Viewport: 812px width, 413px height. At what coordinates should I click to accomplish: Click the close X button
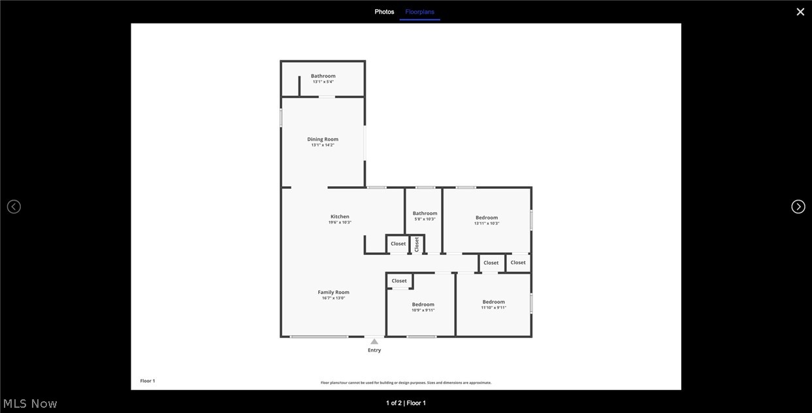tap(800, 12)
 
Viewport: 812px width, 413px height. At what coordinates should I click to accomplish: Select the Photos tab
tap(384, 12)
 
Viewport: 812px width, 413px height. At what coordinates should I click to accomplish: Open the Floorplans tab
tap(419, 12)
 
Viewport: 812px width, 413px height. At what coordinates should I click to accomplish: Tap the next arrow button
tap(798, 206)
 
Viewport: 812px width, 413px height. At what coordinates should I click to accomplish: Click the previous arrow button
tap(14, 206)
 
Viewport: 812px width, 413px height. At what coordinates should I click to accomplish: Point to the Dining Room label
tap(323, 139)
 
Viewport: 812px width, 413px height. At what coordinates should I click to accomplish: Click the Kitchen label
tap(340, 216)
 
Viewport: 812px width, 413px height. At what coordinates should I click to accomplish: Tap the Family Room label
tap(333, 292)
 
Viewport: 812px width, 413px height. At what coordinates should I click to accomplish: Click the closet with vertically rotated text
tap(417, 244)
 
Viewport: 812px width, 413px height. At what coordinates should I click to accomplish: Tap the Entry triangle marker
tap(374, 341)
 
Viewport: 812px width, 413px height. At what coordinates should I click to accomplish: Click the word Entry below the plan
tap(374, 350)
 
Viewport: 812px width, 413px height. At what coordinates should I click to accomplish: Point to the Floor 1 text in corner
tap(148, 381)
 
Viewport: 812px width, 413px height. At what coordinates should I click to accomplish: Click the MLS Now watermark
tap(30, 404)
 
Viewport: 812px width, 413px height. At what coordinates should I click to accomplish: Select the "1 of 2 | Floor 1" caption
tap(406, 403)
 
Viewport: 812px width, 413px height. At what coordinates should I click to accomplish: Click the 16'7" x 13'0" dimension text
tap(333, 298)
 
